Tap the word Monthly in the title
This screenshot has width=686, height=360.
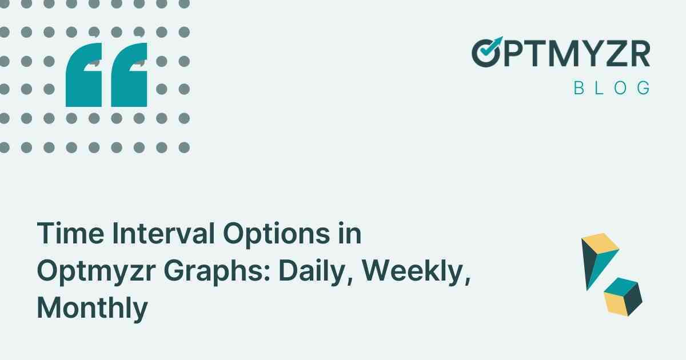[x=92, y=309]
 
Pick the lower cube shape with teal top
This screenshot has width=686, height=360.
[x=623, y=295]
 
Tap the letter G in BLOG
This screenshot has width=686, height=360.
[x=643, y=88]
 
